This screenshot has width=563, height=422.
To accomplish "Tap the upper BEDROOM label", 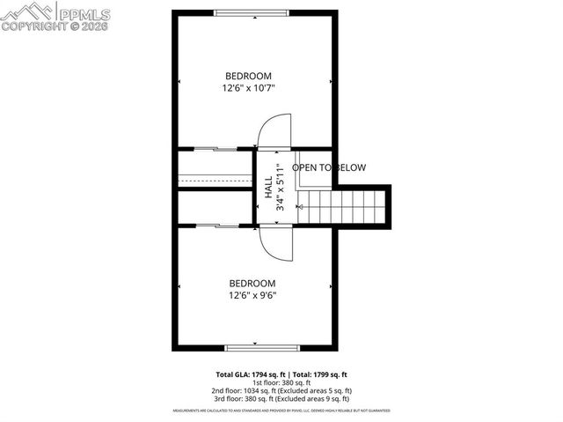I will [248, 76].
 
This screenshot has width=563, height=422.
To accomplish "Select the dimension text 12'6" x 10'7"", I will [248, 88].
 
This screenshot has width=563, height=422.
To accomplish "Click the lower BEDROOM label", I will [252, 283].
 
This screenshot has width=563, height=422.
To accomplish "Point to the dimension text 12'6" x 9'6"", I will [252, 296].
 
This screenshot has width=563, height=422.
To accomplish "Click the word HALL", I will [268, 187].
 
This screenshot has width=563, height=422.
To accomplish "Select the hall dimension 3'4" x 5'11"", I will [280, 187].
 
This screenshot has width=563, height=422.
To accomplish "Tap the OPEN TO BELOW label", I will [329, 167].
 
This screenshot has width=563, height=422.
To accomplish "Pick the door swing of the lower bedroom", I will [274, 243].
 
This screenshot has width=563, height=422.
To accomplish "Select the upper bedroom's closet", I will [216, 167].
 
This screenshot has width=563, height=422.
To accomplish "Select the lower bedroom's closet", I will [216, 207].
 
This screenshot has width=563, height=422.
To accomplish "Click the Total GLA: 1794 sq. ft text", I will [251, 374].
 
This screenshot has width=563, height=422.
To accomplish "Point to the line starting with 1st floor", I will [281, 382].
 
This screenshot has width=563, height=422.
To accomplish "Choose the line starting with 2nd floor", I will [281, 390].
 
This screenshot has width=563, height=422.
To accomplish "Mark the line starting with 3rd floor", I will [281, 398].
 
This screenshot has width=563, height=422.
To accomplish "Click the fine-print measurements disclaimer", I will [281, 411].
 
